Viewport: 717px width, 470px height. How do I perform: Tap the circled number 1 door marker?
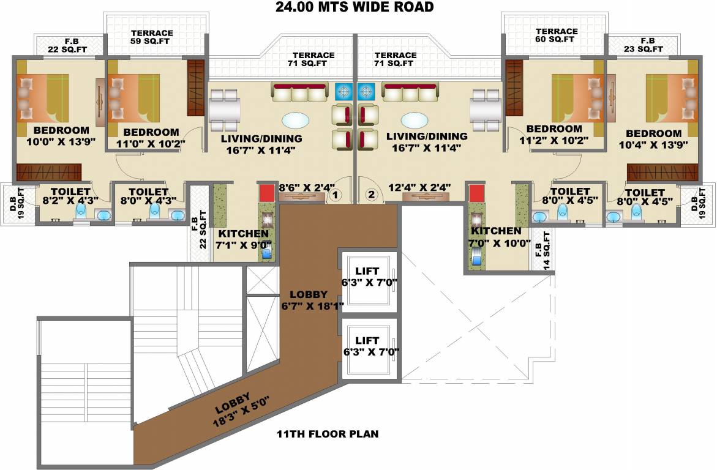[x=335, y=195]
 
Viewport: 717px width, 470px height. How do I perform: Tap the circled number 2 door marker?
[x=371, y=195]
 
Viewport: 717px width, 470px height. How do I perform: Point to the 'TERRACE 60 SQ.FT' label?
[x=556, y=35]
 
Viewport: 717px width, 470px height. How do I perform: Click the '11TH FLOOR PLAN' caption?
[x=328, y=435]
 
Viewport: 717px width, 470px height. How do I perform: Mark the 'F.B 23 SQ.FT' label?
[x=647, y=45]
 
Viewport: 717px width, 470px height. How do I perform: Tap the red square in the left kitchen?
[x=266, y=192]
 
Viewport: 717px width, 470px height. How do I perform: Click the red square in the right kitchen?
[x=476, y=193]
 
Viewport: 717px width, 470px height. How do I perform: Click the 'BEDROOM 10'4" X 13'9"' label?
[x=653, y=140]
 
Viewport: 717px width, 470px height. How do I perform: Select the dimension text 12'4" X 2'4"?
[x=419, y=187]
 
